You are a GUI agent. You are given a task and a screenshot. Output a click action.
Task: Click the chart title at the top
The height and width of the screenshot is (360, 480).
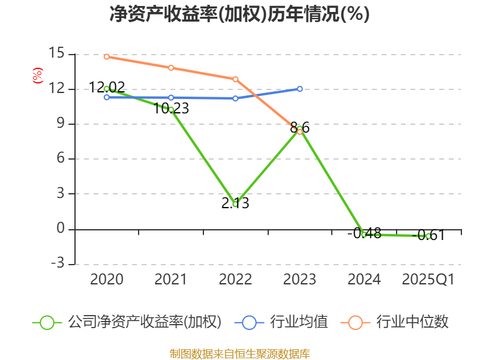click(x=239, y=14)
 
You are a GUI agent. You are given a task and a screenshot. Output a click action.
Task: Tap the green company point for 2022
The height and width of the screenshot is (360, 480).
click(x=235, y=204)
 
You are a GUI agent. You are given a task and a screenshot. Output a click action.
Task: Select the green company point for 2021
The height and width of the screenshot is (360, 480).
click(x=171, y=110)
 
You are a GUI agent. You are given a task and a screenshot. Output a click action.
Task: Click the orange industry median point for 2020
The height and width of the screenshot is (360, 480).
click(x=106, y=56)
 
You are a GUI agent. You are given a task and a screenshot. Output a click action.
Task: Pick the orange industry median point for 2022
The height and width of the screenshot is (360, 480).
click(x=235, y=79)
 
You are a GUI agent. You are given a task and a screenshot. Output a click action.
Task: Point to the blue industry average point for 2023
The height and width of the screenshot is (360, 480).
click(x=299, y=89)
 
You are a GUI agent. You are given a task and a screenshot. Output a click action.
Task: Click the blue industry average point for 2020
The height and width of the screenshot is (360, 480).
click(x=106, y=97)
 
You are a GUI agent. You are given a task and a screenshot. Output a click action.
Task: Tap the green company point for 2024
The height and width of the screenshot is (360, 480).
click(x=364, y=234)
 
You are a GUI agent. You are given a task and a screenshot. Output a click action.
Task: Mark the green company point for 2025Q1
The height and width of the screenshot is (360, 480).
click(x=428, y=236)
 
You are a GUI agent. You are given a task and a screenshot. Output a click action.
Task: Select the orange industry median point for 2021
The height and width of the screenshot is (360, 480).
click(x=171, y=68)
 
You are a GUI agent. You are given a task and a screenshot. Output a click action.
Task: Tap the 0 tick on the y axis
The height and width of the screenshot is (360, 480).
click(x=59, y=229)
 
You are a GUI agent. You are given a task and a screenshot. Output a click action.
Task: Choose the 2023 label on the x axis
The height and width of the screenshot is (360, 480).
click(x=299, y=280)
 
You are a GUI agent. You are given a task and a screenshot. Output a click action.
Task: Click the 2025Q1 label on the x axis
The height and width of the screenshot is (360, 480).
click(x=428, y=280)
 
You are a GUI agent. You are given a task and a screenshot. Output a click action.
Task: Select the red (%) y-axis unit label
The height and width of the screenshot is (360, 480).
click(x=37, y=76)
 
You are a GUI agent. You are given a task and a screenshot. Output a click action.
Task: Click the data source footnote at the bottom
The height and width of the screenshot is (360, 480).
click(x=239, y=353)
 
